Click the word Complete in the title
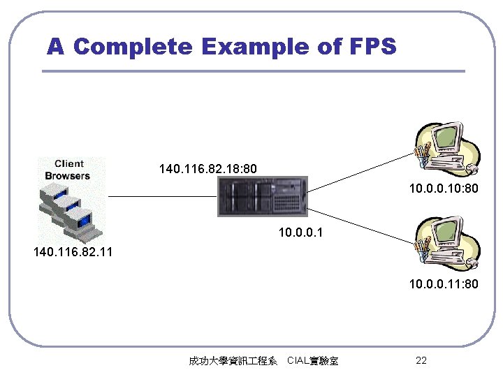(x=133, y=47)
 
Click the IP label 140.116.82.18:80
(x=208, y=169)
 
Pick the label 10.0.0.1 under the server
(x=301, y=230)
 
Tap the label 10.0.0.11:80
(x=444, y=284)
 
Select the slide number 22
(x=421, y=360)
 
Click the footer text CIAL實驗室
(x=312, y=361)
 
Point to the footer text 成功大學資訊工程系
(x=233, y=361)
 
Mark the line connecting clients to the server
(x=162, y=197)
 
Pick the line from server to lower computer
(x=360, y=223)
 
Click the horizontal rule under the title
(x=253, y=71)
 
